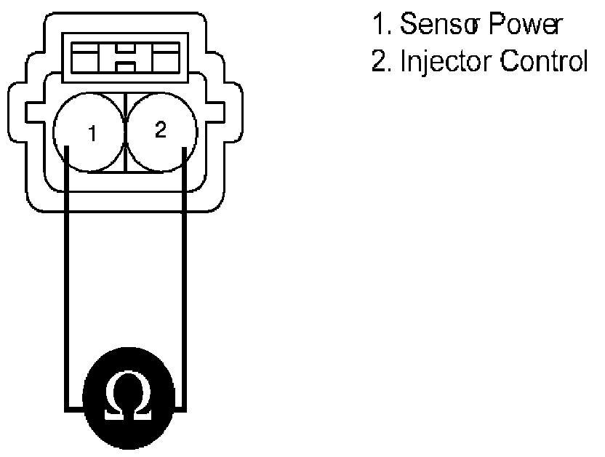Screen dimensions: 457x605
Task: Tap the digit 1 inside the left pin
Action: click(x=92, y=134)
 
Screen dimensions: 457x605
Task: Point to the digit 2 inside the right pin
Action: click(x=161, y=130)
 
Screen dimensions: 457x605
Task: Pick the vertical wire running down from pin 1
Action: click(x=67, y=277)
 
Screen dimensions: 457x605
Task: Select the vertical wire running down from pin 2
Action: click(x=185, y=277)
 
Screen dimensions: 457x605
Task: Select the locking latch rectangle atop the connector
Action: click(x=126, y=57)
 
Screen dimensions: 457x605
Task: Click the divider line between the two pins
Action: click(x=126, y=135)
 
